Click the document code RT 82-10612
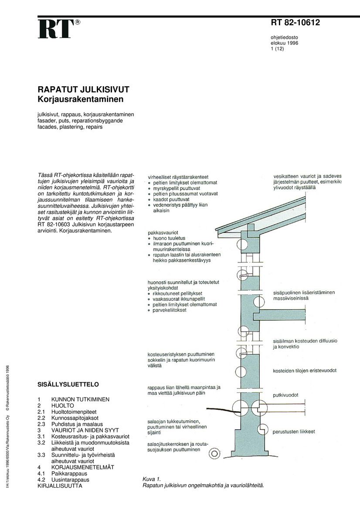pyautogui.click(x=295, y=23)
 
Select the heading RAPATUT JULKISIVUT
pyautogui.click(x=83, y=90)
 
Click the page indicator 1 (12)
pyautogui.click(x=277, y=49)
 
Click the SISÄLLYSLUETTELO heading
pyautogui.click(x=68, y=384)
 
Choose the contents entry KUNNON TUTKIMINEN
pyautogui.click(x=80, y=399)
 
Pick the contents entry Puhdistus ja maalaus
pyautogui.click(x=77, y=424)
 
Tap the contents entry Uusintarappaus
pyautogui.click(x=70, y=479)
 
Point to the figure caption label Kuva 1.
pyautogui.click(x=152, y=479)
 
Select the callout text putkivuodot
pyautogui.click(x=285, y=395)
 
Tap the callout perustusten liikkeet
pyautogui.click(x=294, y=432)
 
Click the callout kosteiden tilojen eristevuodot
pyautogui.click(x=305, y=371)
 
